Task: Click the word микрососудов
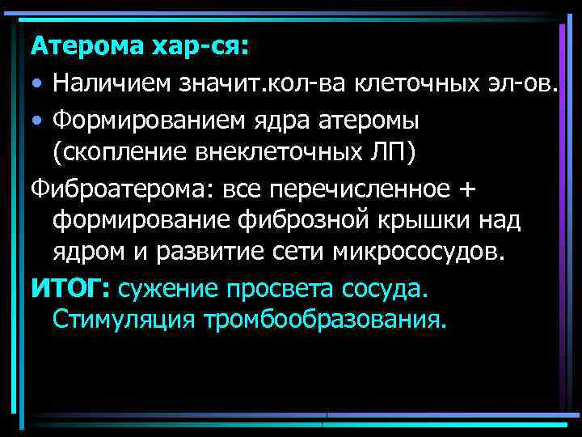pyautogui.click(x=417, y=252)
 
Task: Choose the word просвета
pyautogui.click(x=283, y=286)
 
